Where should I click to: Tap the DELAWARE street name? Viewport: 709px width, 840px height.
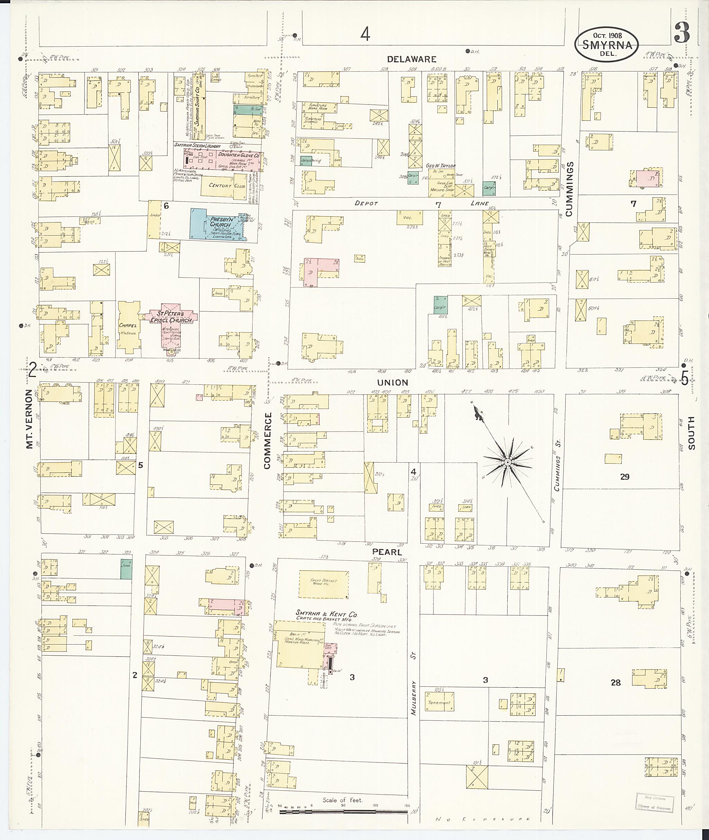(x=412, y=59)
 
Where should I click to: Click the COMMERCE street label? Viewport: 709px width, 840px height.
(x=268, y=441)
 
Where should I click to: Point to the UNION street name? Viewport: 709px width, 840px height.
(x=393, y=382)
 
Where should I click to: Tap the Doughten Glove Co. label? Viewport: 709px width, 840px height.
(x=239, y=155)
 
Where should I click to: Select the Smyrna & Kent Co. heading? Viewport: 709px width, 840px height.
(x=326, y=613)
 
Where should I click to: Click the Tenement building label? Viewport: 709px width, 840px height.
(x=439, y=703)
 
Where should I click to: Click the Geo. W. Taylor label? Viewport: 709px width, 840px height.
(x=440, y=165)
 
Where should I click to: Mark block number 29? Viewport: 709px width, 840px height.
(x=624, y=477)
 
